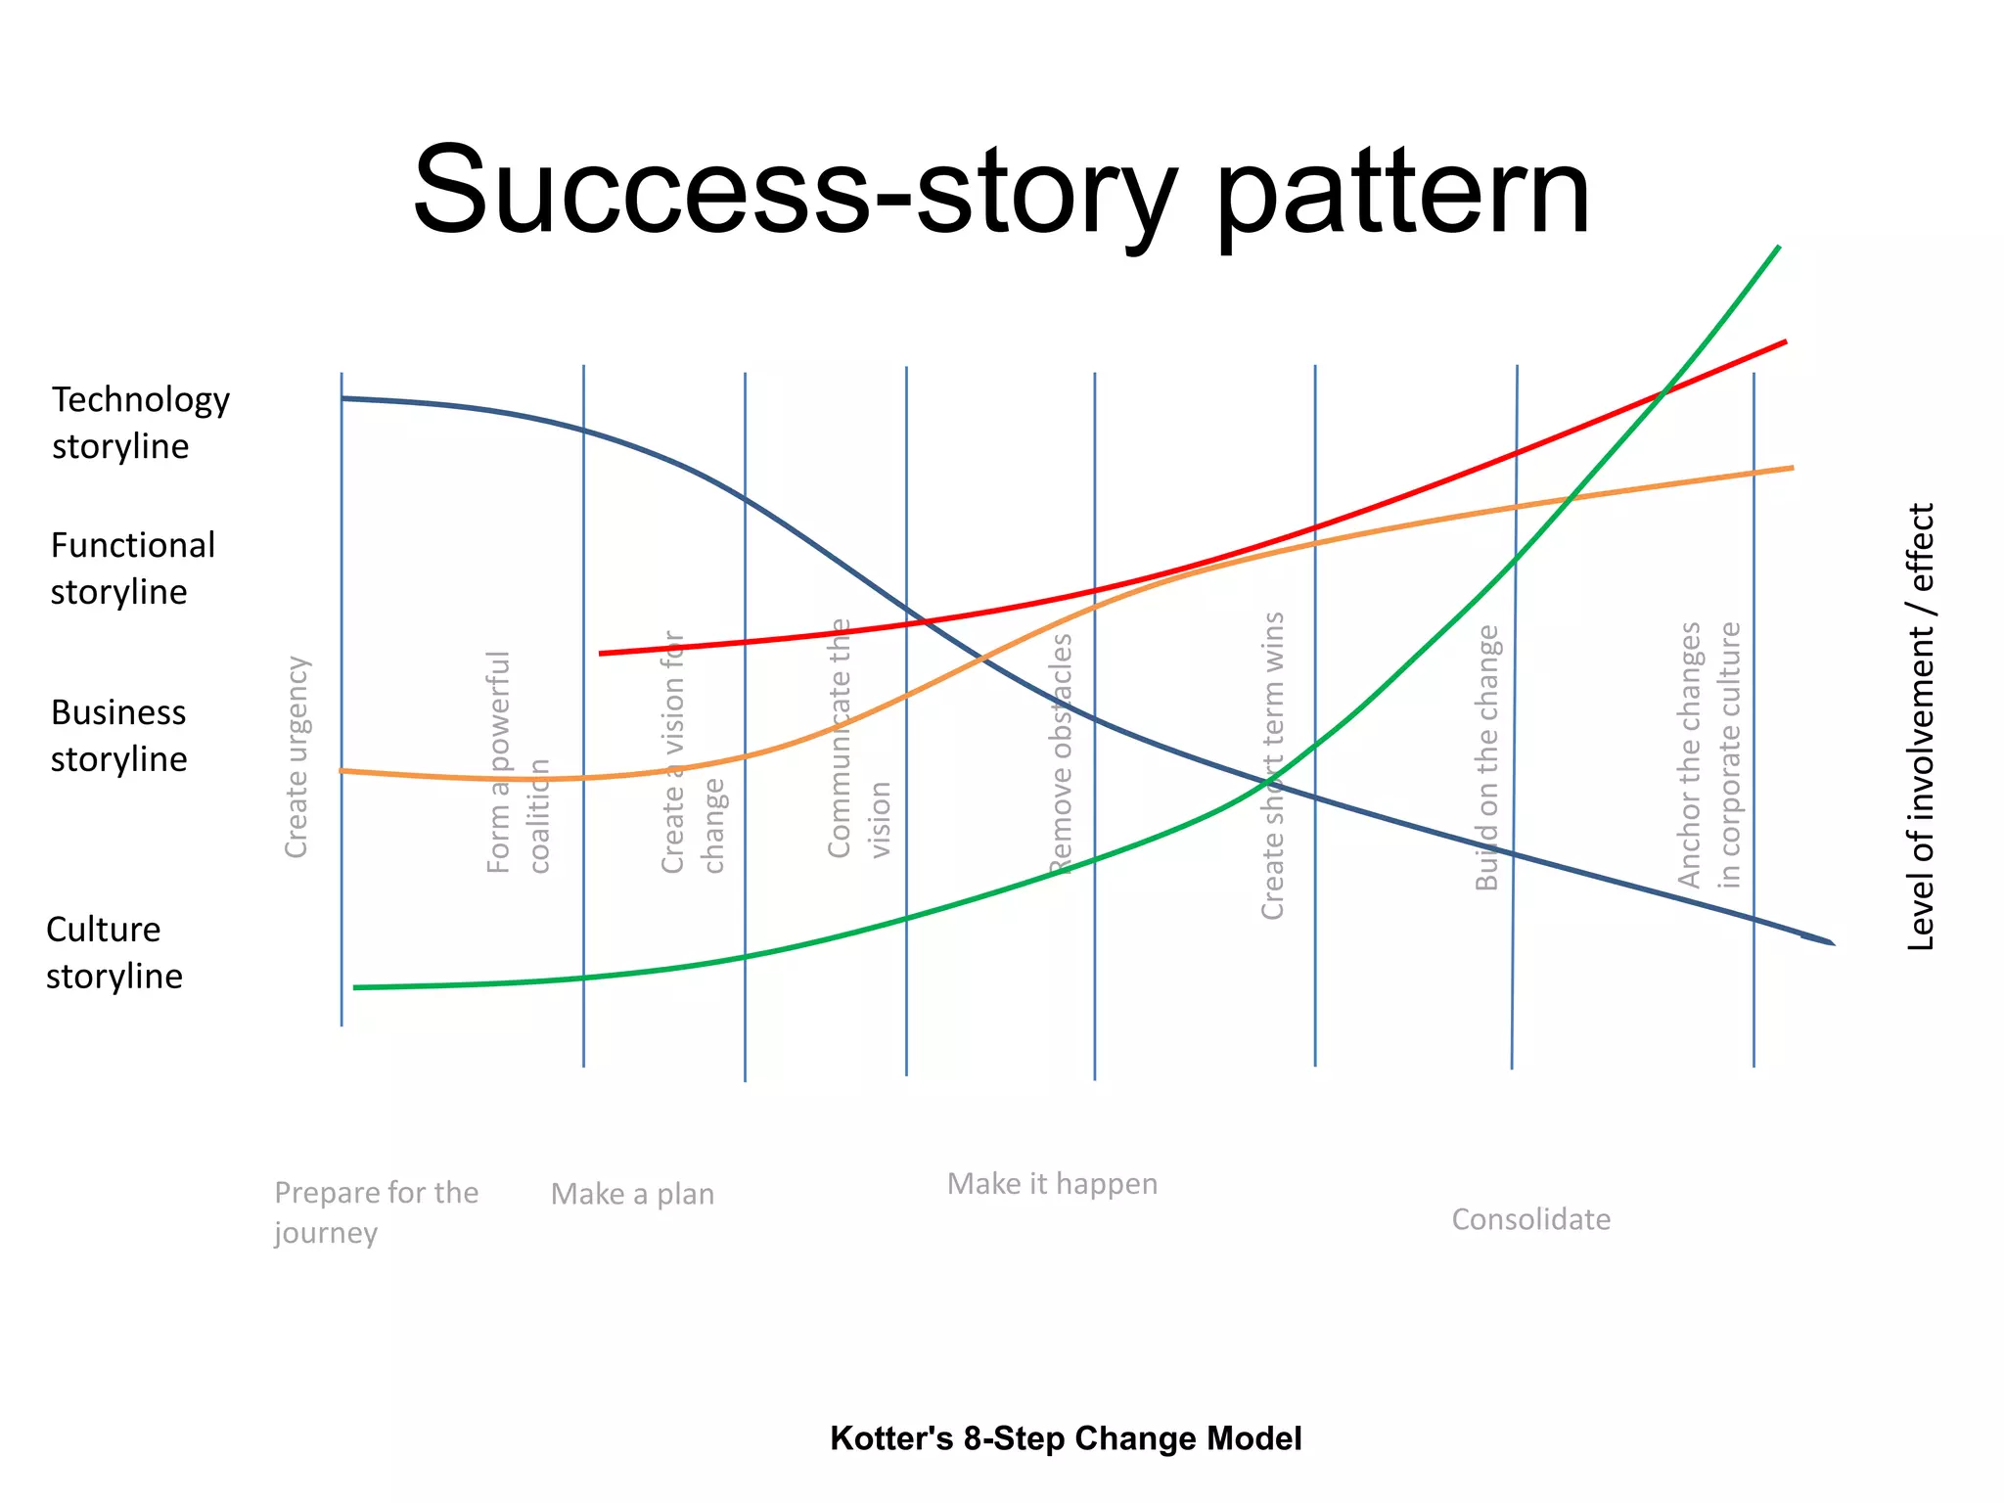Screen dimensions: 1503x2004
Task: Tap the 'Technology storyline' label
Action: point(140,423)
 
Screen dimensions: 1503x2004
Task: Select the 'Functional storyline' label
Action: point(132,569)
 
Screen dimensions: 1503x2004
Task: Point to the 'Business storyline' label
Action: point(118,736)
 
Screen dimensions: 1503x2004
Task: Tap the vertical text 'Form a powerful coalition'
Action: point(519,762)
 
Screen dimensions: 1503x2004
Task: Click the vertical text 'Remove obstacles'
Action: point(1062,753)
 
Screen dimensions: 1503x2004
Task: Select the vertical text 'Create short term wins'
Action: point(1272,765)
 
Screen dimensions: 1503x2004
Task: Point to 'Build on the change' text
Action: point(1487,758)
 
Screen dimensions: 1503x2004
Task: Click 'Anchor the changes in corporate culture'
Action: point(1709,754)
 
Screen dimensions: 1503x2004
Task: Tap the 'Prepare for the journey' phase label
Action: point(376,1212)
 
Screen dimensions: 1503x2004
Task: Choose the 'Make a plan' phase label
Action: point(632,1194)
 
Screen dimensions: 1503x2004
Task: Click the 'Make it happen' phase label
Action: point(1052,1184)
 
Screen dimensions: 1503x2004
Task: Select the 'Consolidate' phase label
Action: point(1530,1219)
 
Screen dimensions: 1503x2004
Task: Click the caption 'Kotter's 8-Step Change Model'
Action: point(1066,1438)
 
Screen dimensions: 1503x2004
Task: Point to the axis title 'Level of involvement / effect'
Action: point(1922,726)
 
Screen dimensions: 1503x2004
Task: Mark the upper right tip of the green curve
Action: point(1778,248)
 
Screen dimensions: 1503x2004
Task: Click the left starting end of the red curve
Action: point(601,653)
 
